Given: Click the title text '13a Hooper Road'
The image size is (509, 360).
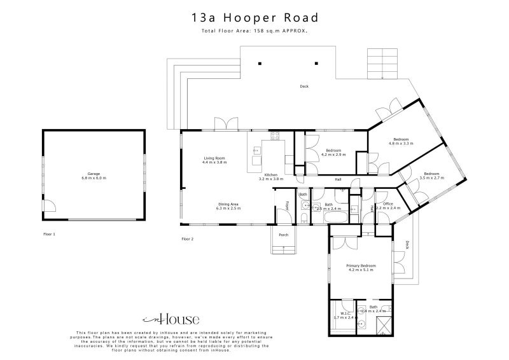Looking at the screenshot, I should [x=254, y=18].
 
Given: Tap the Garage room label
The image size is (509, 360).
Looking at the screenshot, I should [x=94, y=175].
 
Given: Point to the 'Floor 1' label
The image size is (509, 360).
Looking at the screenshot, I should [x=49, y=234].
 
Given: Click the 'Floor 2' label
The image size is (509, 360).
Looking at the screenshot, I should [x=187, y=239].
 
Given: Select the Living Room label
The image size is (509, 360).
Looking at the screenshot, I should [x=214, y=160].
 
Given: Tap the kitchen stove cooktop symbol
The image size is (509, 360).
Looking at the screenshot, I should [x=276, y=135].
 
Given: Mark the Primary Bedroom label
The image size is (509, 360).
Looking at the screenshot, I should [x=361, y=267].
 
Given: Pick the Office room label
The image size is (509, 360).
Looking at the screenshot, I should [x=387, y=205].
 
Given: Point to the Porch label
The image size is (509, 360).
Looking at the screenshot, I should [x=283, y=235].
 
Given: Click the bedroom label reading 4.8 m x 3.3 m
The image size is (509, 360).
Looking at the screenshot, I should [x=401, y=141].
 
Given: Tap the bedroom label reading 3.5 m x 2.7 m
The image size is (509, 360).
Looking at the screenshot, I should [x=431, y=176].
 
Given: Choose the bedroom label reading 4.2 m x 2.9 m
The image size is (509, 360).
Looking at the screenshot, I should [x=333, y=153].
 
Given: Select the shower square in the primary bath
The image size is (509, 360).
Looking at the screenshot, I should [x=383, y=326].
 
